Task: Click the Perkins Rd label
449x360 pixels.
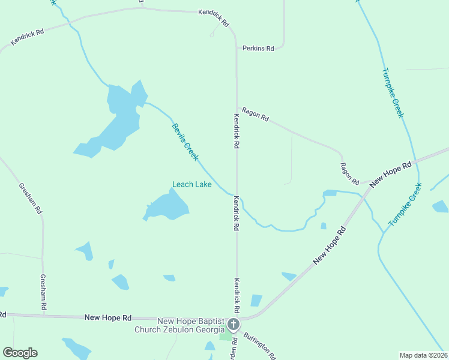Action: tap(258, 48)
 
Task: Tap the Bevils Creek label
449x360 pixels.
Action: tap(185, 142)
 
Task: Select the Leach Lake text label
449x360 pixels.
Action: tap(191, 184)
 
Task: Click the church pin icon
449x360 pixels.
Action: tap(233, 325)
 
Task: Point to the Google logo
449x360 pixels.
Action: tap(20, 353)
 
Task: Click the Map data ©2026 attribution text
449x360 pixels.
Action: tap(423, 355)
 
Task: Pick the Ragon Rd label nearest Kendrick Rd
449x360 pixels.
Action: tap(255, 114)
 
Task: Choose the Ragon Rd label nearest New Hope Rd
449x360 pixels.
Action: tap(349, 174)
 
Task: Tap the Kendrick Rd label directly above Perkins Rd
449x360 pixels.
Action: tap(215, 18)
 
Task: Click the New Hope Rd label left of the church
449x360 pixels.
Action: tap(108, 317)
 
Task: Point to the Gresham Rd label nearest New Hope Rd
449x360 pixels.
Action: tap(43, 292)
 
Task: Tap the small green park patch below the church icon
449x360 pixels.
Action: tap(226, 337)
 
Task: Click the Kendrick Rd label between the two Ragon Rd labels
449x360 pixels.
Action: tap(237, 131)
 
